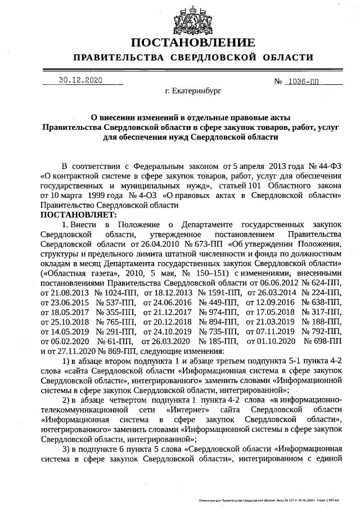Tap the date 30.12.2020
click(x=80, y=80)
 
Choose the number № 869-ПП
click(x=107, y=351)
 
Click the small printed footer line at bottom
click(x=270, y=499)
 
